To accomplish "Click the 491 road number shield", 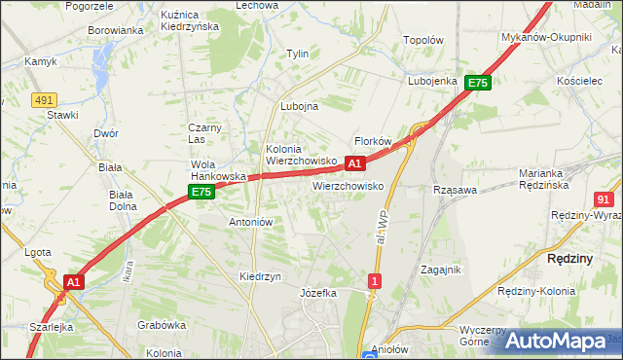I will (x=43, y=99).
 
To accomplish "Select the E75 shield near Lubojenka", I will (x=477, y=84).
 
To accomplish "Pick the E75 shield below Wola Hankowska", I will (x=202, y=193).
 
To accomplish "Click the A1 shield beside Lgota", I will (x=73, y=282).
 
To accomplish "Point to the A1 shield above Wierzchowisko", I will (x=355, y=162).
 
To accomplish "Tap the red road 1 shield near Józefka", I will (x=375, y=281).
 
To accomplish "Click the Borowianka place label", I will (x=116, y=30).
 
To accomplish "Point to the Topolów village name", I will (x=423, y=41).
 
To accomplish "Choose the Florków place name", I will (x=372, y=141).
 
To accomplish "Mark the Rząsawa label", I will (x=455, y=191).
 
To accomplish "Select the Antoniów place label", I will (x=250, y=222).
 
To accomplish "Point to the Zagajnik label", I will (x=440, y=270).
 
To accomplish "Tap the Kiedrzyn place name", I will (x=260, y=276).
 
